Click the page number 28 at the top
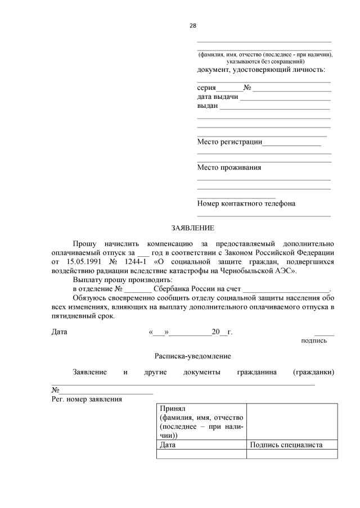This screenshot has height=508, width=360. click(x=192, y=26)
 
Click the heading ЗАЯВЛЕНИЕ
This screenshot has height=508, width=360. click(x=193, y=228)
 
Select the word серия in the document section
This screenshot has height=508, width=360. click(x=206, y=88)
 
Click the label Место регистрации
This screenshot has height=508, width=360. click(x=229, y=142)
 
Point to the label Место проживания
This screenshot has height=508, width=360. click(x=229, y=167)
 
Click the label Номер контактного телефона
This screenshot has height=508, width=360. click(x=246, y=203)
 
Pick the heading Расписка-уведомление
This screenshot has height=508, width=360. click(x=193, y=356)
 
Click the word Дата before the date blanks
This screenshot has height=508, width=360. click(x=60, y=332)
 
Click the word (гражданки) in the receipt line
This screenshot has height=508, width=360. click(x=314, y=372)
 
